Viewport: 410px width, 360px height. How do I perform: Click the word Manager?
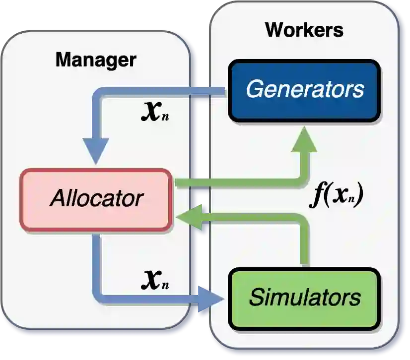pos(95,60)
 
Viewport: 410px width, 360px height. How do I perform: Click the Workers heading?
pos(304,30)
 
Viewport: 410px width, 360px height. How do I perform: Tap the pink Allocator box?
pos(96,199)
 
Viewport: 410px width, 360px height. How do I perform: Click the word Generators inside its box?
pos(305,90)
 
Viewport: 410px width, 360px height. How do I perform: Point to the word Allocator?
pos(96,199)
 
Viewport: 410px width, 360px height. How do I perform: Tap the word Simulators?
pos(305,298)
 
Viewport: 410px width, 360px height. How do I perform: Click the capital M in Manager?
pos(63,60)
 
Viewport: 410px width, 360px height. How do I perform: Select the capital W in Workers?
pos(274,30)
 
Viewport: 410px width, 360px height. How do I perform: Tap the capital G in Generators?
pos(255,90)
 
